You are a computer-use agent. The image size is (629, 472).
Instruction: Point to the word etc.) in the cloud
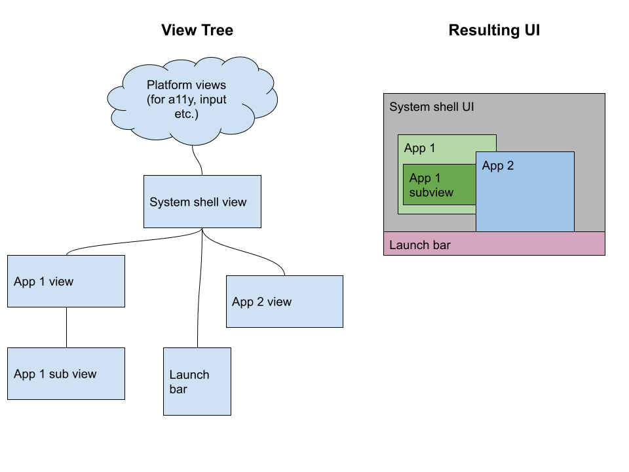[x=185, y=114]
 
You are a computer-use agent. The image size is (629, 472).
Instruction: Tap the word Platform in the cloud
[x=168, y=85]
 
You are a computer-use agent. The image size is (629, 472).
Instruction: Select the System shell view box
[x=202, y=201]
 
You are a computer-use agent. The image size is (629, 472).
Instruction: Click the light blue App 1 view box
[x=66, y=281]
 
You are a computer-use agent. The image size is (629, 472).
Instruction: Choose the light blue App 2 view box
[x=284, y=302]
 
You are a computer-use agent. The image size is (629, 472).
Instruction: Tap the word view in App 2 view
[x=279, y=302]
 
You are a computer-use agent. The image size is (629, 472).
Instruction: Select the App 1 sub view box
[x=66, y=374]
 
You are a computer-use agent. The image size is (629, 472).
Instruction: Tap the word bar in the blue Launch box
[x=178, y=389]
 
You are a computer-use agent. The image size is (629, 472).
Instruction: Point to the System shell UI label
[x=431, y=107]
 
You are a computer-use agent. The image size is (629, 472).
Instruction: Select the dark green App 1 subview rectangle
[x=439, y=185]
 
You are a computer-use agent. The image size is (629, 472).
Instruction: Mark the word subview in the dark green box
[x=431, y=192]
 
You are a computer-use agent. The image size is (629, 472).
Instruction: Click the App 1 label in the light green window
[x=419, y=148]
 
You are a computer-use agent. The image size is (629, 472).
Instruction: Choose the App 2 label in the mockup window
[x=498, y=166]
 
